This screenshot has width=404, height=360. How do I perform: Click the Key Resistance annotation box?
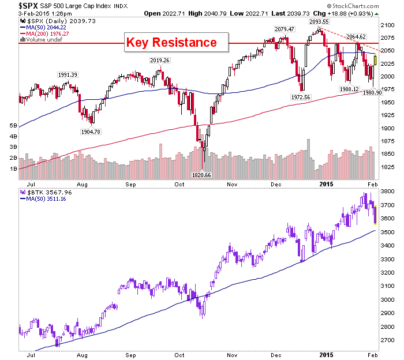(176, 43)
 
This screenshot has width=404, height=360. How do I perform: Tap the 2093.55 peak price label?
(319, 22)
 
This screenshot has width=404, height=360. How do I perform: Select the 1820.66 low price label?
(201, 175)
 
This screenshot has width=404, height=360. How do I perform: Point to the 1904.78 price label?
(91, 132)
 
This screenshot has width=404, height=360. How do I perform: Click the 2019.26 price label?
(160, 60)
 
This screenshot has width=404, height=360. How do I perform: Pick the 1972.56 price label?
(301, 97)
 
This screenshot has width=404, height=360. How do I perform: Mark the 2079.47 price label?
(285, 29)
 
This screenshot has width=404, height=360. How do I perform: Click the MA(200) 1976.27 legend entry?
(44, 33)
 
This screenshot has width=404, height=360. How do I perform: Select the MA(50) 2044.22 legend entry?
(43, 27)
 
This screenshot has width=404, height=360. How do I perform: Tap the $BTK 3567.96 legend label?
(46, 192)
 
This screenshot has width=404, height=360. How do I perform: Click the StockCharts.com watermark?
(353, 6)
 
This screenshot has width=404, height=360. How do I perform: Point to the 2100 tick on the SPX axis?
(387, 25)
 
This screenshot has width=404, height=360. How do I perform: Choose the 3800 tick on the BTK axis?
(387, 191)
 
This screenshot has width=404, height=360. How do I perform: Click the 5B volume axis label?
(13, 125)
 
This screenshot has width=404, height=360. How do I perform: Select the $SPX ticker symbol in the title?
(28, 6)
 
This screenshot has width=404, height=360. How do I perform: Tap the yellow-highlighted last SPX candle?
(375, 60)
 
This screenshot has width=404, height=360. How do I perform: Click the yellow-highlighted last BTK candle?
(375, 215)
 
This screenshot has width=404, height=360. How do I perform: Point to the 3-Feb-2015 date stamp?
(34, 13)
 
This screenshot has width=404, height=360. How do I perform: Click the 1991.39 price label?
(68, 74)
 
